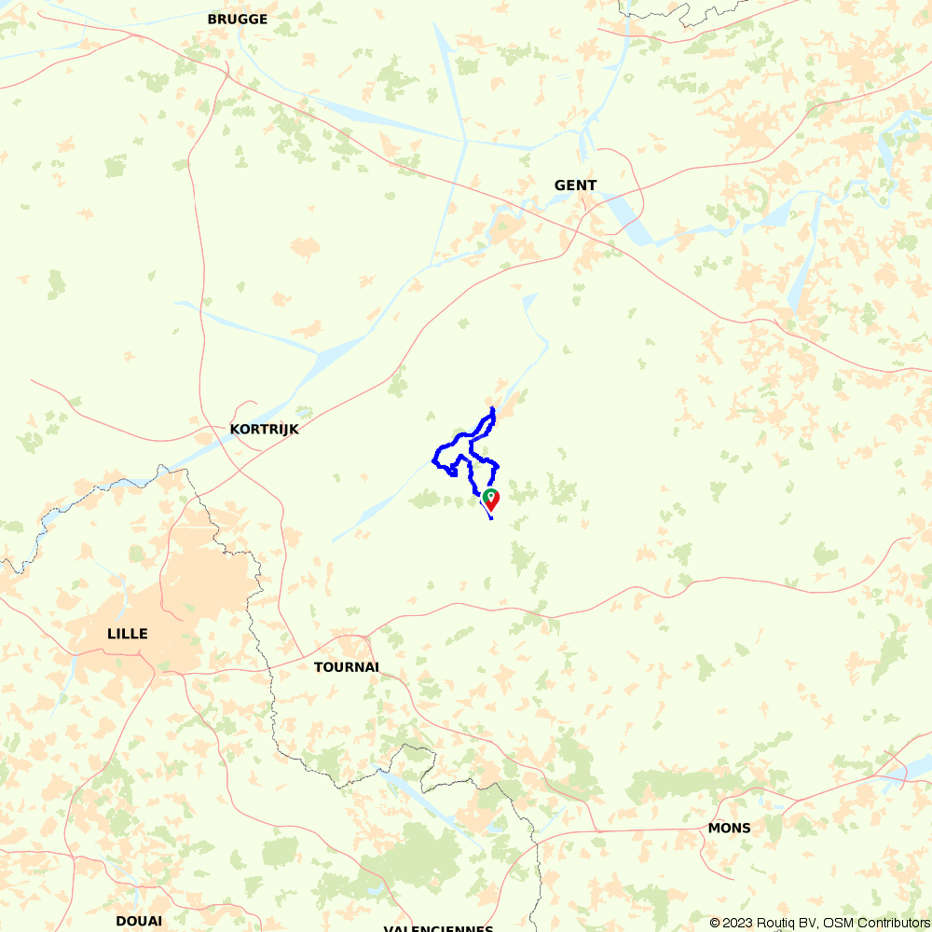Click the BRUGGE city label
[237, 19]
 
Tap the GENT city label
[575, 185]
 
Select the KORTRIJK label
[264, 430]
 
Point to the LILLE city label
[128, 634]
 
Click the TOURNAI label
[347, 667]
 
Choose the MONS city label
[729, 828]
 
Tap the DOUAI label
[139, 921]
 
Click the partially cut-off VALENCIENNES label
[438, 928]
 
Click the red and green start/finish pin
[490, 500]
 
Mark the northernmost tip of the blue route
[492, 407]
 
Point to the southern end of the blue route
[490, 518]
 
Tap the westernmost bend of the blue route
[433, 459]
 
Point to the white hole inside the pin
[490, 495]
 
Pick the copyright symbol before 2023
[716, 923]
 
